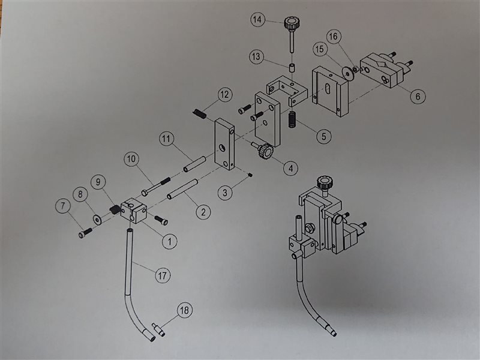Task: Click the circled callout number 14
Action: click(x=257, y=20)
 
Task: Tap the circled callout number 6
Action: click(x=418, y=97)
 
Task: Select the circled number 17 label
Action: click(x=163, y=275)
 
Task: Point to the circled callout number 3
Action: click(x=225, y=193)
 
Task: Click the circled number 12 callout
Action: click(x=224, y=95)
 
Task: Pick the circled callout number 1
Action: click(x=170, y=242)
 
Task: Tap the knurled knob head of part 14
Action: click(x=292, y=23)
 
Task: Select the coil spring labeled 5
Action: click(x=293, y=119)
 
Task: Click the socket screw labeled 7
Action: click(x=85, y=233)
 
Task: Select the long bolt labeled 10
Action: click(x=156, y=186)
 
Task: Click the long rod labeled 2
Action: click(x=182, y=190)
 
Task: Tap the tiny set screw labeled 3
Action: click(x=250, y=175)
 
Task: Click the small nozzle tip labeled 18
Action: click(x=158, y=329)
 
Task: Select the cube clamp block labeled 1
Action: click(x=134, y=211)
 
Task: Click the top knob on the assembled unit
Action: click(x=325, y=183)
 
